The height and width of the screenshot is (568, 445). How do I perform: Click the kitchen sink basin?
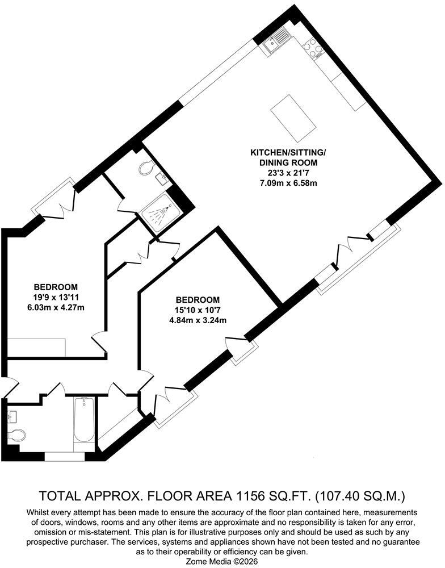click(x=271, y=44)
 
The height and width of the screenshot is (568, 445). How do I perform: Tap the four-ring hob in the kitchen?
click(x=313, y=48)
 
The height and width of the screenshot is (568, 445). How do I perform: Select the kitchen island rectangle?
click(x=293, y=119)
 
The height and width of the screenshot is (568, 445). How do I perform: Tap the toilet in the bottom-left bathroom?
click(x=16, y=435)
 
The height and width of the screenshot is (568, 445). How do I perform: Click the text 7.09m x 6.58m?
click(x=288, y=183)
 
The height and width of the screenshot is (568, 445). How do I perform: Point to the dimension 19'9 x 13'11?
click(x=56, y=298)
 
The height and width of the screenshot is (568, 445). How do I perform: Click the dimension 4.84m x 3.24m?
click(x=198, y=320)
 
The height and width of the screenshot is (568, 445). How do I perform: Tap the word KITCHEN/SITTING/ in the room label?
click(x=288, y=152)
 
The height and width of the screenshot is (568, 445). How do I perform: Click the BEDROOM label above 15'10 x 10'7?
click(x=198, y=300)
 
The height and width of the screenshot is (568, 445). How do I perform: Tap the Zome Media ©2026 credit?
click(x=222, y=562)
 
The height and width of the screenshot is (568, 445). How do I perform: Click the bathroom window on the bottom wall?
click(x=65, y=456)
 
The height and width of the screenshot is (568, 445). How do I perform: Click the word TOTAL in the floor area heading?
click(x=58, y=495)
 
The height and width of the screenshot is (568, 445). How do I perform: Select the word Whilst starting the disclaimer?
click(x=37, y=512)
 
